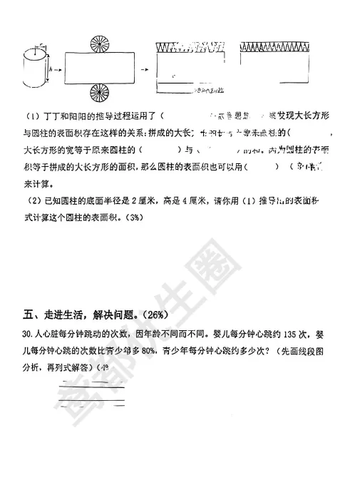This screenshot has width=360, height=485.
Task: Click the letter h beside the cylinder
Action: coord(51,70)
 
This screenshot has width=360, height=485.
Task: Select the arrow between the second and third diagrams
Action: coord(143,70)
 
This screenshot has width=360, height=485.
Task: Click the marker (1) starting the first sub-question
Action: coord(31,116)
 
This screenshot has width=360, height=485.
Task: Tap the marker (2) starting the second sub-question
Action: coord(31,202)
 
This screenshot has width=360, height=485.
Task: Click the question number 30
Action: coord(27,333)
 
